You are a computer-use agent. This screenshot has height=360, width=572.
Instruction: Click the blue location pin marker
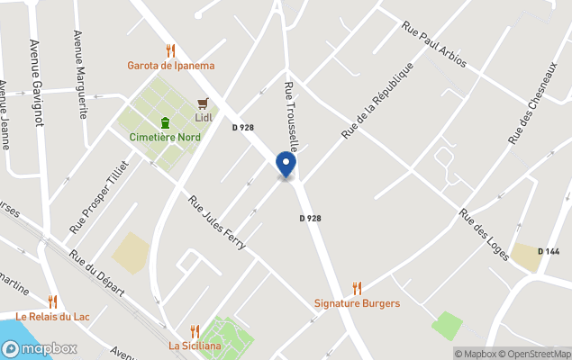(286, 165)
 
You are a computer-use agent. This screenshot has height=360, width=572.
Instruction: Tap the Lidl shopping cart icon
(204, 103)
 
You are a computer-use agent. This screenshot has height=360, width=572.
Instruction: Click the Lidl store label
(204, 118)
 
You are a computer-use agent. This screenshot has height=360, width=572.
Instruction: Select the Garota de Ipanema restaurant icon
(170, 50)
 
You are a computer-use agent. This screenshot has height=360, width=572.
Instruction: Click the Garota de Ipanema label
(170, 65)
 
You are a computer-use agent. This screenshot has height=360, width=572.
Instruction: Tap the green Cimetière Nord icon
(165, 122)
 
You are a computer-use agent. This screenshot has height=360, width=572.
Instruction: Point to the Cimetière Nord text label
(165, 137)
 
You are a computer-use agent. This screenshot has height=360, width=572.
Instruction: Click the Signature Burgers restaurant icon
(357, 289)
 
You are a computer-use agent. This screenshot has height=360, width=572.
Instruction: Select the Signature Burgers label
(357, 303)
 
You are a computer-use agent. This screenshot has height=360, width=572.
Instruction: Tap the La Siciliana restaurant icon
(195, 331)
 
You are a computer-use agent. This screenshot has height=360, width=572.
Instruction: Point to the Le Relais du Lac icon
(52, 301)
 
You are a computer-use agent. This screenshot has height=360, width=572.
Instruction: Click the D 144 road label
(549, 251)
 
